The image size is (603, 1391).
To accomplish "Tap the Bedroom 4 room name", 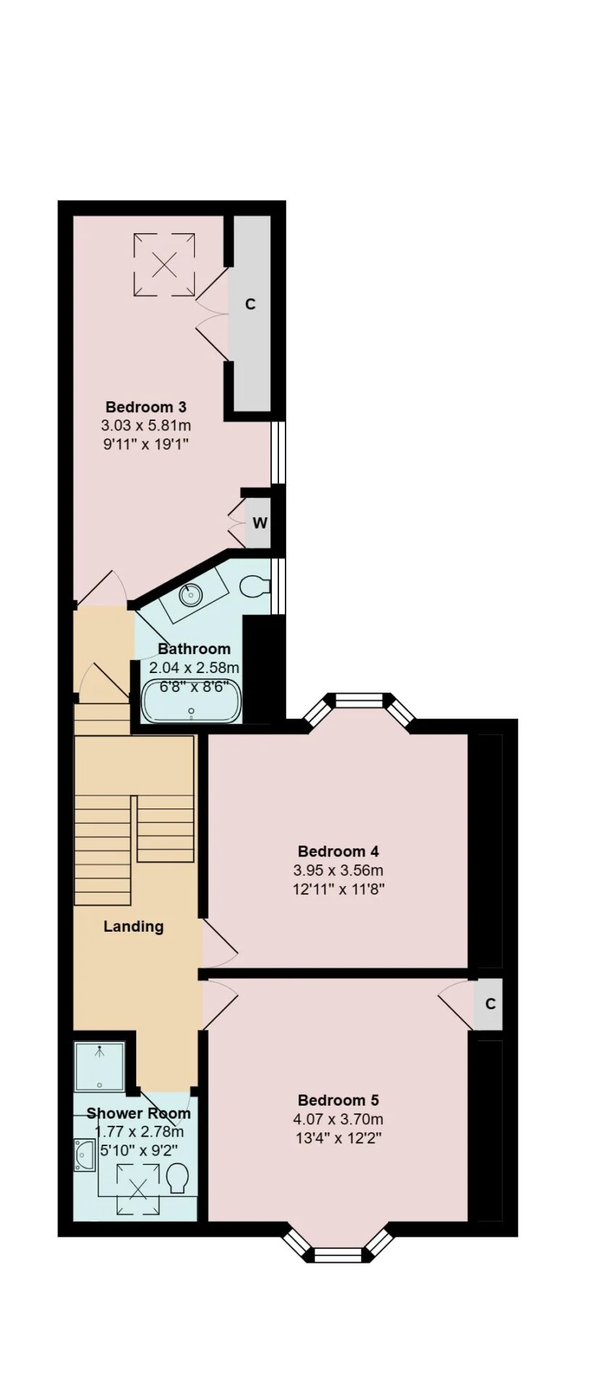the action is pyautogui.click(x=338, y=851).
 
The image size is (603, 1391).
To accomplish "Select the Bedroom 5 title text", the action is pyautogui.click(x=338, y=1099).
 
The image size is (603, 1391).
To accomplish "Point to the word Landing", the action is pyautogui.click(x=133, y=926).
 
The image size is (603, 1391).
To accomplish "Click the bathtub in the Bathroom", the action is pyautogui.click(x=191, y=701).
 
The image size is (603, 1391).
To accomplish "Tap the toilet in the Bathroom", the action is pyautogui.click(x=254, y=585).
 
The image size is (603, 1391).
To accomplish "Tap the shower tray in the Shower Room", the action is pyautogui.click(x=100, y=1066).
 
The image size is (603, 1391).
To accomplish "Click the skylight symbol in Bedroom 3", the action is pyautogui.click(x=165, y=264).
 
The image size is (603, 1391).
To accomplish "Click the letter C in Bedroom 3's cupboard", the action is pyautogui.click(x=250, y=304).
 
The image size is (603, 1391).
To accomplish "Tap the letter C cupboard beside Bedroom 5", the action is pyautogui.click(x=491, y=1004).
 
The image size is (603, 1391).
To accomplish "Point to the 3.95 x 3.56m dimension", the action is pyautogui.click(x=338, y=870).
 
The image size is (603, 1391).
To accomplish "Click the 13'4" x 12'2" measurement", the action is pyautogui.click(x=338, y=1137).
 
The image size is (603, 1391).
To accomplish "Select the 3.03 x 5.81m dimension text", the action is pyautogui.click(x=146, y=425).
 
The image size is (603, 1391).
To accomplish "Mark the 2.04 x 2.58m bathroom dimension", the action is pyautogui.click(x=194, y=667).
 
